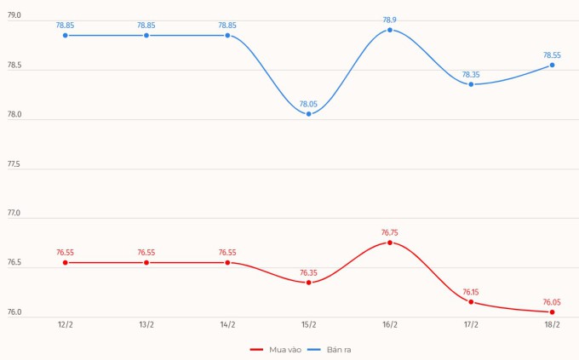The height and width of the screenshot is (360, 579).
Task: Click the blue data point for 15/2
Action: click(x=308, y=114)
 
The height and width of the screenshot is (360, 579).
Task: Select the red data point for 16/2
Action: click(x=390, y=243)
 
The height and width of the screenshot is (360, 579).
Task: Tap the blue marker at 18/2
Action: click(x=552, y=65)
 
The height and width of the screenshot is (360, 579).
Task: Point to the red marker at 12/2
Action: click(x=65, y=262)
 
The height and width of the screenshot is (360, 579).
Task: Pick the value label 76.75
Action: click(x=390, y=232)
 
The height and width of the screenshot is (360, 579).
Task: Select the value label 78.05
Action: click(x=308, y=104)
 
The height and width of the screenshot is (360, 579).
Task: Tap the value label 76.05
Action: click(x=552, y=302)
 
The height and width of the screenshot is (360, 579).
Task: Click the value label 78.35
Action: click(x=471, y=74)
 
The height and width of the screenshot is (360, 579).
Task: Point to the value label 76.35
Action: click(x=308, y=272)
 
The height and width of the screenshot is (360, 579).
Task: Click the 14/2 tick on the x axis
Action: click(x=227, y=325)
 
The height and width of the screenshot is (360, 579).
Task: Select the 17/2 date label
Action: click(x=471, y=325)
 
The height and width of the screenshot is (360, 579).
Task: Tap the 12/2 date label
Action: click(x=65, y=325)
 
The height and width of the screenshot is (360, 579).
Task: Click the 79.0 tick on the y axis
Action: click(x=14, y=16)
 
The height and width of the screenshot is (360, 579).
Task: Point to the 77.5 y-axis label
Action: click(x=14, y=164)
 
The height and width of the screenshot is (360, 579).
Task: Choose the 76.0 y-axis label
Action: click(x=14, y=312)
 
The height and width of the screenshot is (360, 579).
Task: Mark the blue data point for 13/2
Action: click(x=146, y=35)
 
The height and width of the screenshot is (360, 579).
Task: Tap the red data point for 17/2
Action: click(x=471, y=301)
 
